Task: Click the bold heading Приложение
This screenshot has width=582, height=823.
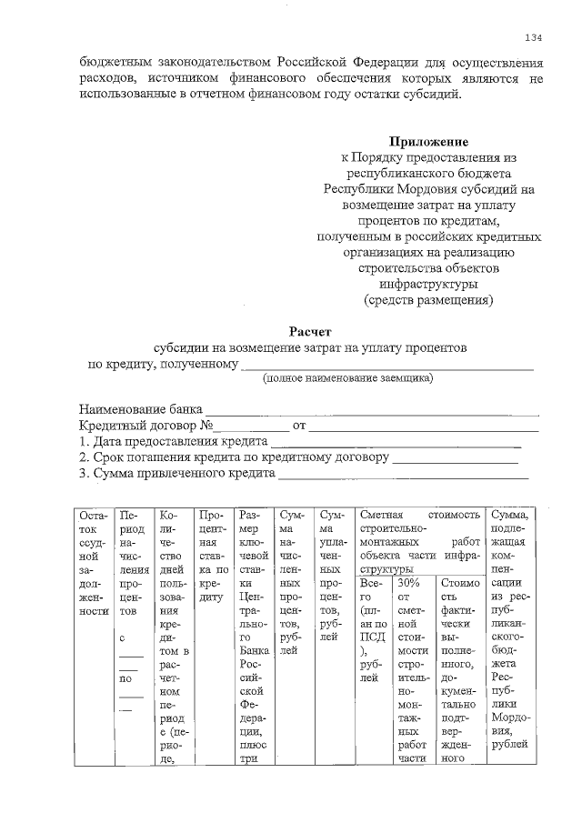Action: [x=429, y=142]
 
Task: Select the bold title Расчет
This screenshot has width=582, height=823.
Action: [x=312, y=332]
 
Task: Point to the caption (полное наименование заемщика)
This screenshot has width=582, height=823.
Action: [x=348, y=377]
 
